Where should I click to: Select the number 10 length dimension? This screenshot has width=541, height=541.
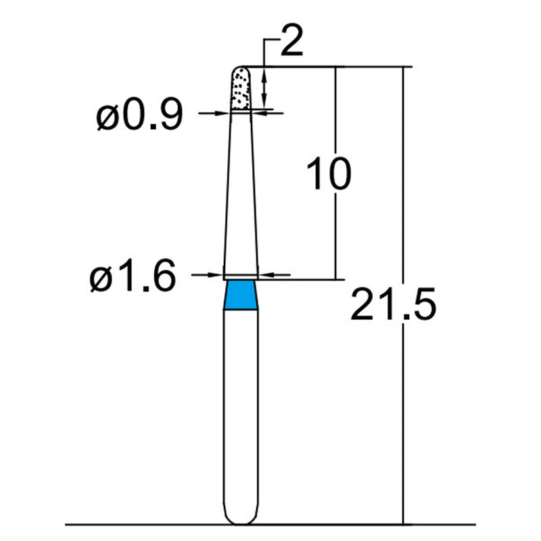(329, 174)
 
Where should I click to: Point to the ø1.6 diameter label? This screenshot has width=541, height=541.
(133, 277)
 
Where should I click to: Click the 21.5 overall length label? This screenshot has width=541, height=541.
(393, 306)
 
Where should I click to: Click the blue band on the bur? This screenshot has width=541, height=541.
(241, 296)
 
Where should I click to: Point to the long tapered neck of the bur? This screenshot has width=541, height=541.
(241, 196)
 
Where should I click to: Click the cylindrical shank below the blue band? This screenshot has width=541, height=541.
(241, 406)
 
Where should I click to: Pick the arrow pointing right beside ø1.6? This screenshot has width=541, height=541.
(215, 275)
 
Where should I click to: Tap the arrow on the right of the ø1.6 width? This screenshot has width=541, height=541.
(268, 275)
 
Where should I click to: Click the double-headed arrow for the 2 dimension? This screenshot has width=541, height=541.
(264, 87)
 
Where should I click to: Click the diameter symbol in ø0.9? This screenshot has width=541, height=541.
(108, 118)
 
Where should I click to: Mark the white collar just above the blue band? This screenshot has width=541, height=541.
(241, 277)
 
